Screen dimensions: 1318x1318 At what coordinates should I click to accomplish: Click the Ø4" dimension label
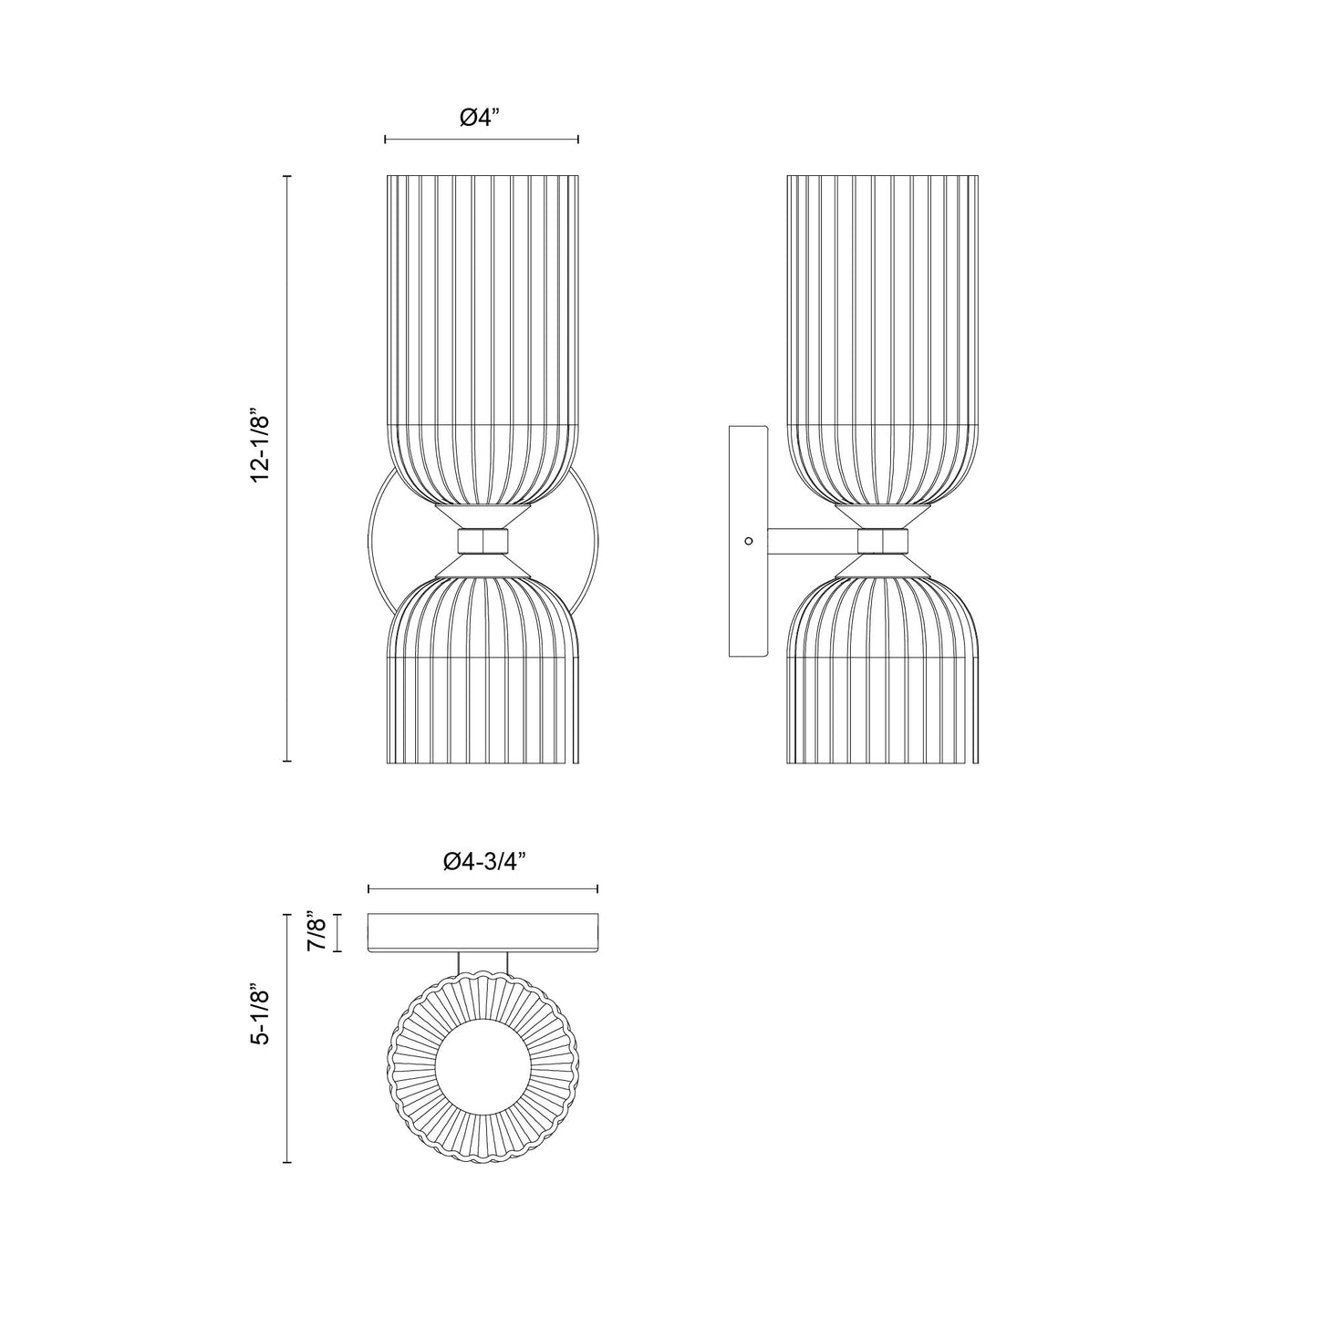coord(481,118)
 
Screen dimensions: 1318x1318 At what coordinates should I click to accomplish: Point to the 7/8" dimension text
coord(317,931)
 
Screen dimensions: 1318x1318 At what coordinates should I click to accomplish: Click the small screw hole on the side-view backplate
coord(749,541)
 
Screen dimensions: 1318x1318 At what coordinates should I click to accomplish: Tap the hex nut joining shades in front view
coord(482,541)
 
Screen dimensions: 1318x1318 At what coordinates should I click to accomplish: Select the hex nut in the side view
coord(883,541)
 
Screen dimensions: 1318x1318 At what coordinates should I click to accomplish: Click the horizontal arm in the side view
coord(812,541)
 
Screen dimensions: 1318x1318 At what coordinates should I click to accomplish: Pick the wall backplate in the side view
coord(746,541)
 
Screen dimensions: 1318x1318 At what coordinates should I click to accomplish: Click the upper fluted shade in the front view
coord(482,337)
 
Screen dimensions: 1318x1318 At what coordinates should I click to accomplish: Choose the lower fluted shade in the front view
coord(482,675)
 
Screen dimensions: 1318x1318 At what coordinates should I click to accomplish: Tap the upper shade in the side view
coord(883,337)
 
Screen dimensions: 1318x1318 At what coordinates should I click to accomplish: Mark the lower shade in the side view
coord(883,675)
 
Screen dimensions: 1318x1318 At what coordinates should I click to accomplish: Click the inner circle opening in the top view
coord(482,1064)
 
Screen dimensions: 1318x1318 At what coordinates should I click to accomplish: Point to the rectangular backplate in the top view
coord(482,931)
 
